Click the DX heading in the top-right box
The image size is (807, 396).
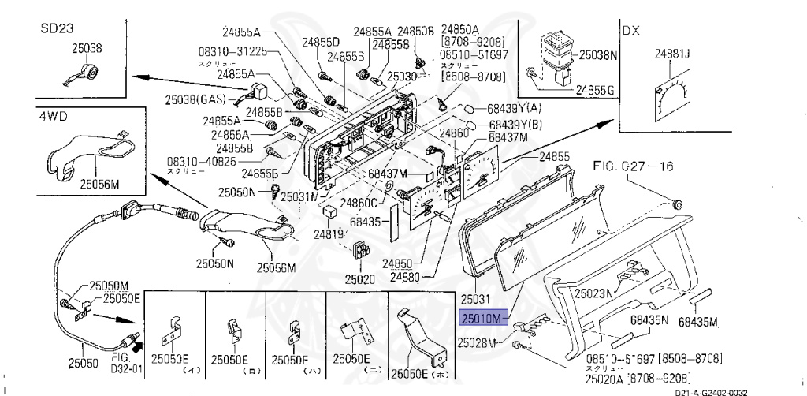[x=632, y=31]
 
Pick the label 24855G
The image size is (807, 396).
[x=594, y=90]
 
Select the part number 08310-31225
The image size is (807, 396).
[x=233, y=50]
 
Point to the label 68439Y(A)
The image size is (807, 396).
[x=515, y=107]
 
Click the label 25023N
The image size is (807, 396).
[x=593, y=293]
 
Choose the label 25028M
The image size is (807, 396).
[x=478, y=343]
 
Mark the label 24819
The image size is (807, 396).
[x=328, y=234]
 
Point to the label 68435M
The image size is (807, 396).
[x=698, y=321]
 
